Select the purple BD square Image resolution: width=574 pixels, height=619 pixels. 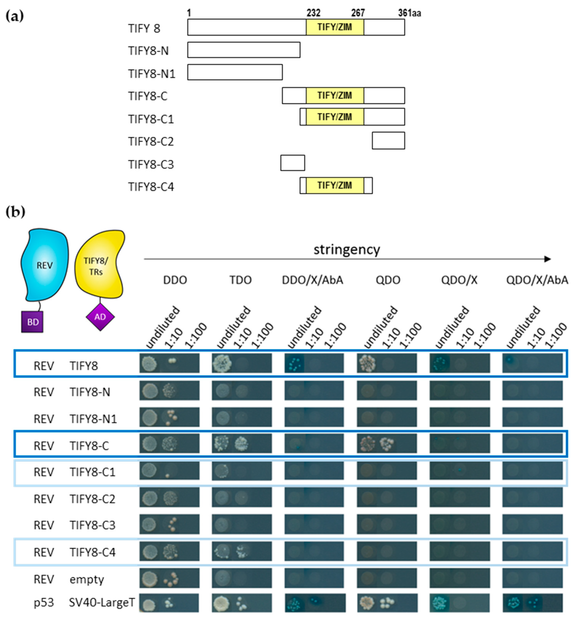[x=32, y=322]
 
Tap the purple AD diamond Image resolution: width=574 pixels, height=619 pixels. [x=100, y=317]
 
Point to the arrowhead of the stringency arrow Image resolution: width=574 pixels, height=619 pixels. [x=548, y=259]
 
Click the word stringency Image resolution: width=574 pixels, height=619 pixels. [x=346, y=249]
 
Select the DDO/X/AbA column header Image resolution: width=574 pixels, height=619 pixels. [x=312, y=280]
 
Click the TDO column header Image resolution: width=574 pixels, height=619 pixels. [x=240, y=280]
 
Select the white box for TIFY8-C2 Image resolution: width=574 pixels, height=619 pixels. [x=388, y=140]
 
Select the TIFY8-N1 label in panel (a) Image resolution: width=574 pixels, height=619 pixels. [x=152, y=74]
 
